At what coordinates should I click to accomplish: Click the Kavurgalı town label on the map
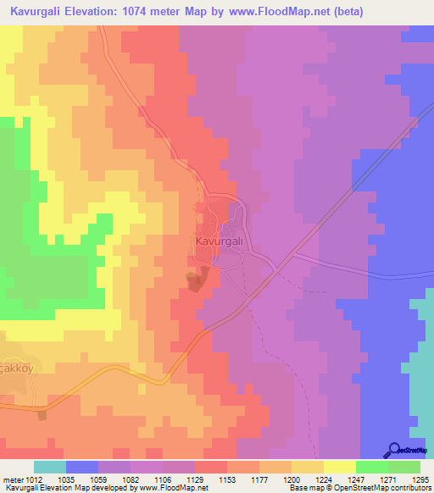click(x=220, y=241)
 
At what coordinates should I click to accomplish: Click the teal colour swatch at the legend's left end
click(x=50, y=467)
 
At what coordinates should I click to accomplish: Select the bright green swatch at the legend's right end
click(x=404, y=467)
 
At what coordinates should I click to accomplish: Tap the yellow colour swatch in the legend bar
click(x=339, y=467)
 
